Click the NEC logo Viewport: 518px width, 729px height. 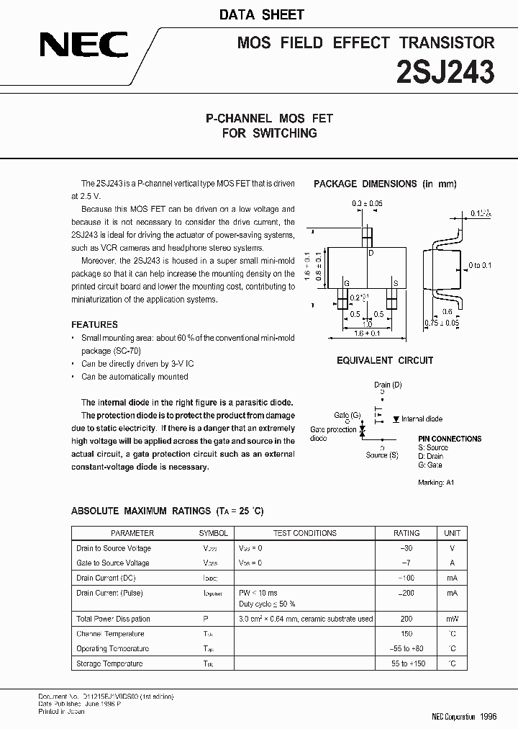pos(83,47)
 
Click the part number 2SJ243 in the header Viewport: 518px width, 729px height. pos(446,72)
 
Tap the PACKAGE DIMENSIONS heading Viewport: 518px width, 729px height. pos(385,184)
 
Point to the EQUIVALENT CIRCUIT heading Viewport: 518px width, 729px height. pos(385,360)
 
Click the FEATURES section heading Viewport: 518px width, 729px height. pos(94,324)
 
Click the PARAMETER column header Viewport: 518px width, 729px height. pos(132,533)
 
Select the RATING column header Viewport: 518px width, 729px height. pos(406,533)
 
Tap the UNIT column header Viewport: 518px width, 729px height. pos(452,533)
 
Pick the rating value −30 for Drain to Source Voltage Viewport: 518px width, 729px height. pos(406,548)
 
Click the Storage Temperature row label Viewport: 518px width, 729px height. pos(109,663)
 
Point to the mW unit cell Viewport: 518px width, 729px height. pos(452,619)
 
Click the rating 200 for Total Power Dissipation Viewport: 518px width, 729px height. pos(406,619)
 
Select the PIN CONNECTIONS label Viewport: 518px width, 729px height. pos(450,439)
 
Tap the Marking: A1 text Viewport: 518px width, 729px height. pos(436,483)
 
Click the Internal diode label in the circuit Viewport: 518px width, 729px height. pos(422,419)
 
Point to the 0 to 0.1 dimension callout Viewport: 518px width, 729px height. pos(479,266)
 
